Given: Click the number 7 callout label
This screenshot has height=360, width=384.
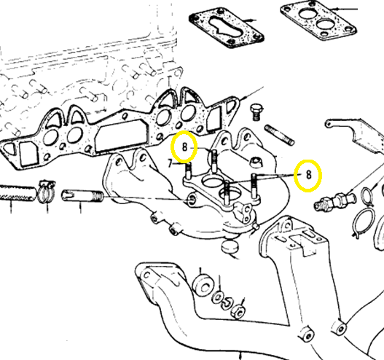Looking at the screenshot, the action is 170,163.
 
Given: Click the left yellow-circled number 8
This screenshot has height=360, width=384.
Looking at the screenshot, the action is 184,147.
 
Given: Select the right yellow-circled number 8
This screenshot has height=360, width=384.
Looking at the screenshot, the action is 308,175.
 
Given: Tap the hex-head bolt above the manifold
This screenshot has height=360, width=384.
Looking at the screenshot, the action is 256,112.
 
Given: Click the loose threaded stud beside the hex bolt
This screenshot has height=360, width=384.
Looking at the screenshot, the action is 279,135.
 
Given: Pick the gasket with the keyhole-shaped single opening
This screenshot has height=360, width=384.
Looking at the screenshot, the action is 227,28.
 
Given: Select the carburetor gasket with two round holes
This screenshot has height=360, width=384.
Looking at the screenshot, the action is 318,20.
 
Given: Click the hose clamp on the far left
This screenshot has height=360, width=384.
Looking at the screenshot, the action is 47,192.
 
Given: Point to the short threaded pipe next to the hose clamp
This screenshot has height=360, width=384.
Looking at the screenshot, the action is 82,196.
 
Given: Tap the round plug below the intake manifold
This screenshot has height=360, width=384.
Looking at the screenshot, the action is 230,246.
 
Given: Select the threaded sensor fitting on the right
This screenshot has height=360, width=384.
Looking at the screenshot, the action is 334,200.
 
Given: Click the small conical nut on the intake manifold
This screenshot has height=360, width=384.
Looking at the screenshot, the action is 256,161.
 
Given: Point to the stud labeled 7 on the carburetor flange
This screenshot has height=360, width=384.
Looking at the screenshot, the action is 188,172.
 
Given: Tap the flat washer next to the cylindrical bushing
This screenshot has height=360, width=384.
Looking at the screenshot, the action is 217,297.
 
